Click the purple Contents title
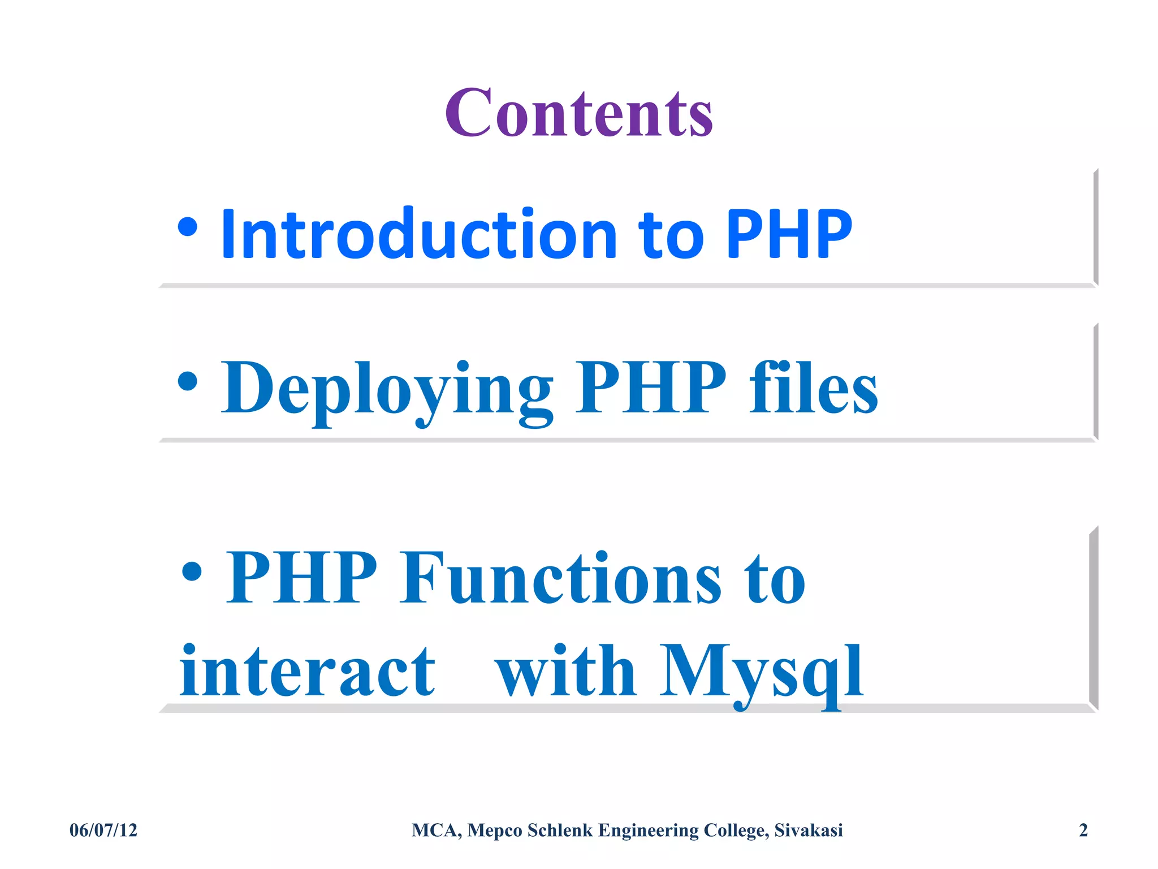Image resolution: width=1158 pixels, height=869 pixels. pos(578,113)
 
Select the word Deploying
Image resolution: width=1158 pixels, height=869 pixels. pos(387,389)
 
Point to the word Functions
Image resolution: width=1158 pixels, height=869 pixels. pos(560,578)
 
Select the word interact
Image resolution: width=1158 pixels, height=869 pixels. pos(308,673)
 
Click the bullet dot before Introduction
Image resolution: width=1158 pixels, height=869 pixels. pos(188,228)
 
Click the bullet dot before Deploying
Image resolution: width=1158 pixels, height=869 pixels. pos(188,381)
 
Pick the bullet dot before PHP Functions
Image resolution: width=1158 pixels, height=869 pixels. pos(192,571)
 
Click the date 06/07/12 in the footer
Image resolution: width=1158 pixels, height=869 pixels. pos(103,830)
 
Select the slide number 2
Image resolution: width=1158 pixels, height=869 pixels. pos(1083,830)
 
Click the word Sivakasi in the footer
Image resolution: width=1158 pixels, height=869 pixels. pos(808,830)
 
